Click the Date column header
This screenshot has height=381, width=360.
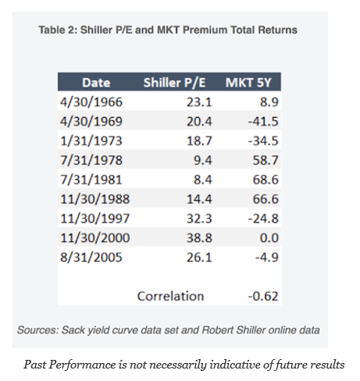click(x=96, y=83)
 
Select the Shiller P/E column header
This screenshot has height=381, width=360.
click(x=174, y=83)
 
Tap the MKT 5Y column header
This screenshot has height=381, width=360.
click(x=248, y=83)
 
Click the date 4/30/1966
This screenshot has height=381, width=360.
click(x=91, y=102)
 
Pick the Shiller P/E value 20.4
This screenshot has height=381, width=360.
click(x=199, y=122)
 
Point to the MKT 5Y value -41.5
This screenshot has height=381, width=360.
click(x=263, y=122)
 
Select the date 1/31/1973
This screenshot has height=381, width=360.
click(x=91, y=141)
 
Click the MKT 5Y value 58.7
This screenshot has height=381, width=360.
click(x=266, y=160)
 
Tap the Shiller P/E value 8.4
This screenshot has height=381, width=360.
click(x=203, y=180)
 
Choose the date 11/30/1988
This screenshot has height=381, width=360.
click(x=95, y=199)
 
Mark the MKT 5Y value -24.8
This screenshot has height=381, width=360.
click(x=263, y=219)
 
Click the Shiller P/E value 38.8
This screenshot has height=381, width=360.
click(x=199, y=238)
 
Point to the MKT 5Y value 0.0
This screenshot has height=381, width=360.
click(x=269, y=238)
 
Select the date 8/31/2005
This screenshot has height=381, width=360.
click(x=91, y=258)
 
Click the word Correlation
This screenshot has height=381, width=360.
click(x=170, y=296)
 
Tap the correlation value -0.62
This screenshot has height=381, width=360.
click(x=263, y=296)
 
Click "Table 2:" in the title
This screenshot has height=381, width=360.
click(x=58, y=30)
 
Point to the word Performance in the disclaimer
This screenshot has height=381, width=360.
click(x=82, y=365)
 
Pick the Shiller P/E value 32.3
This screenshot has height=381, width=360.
click(x=199, y=219)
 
